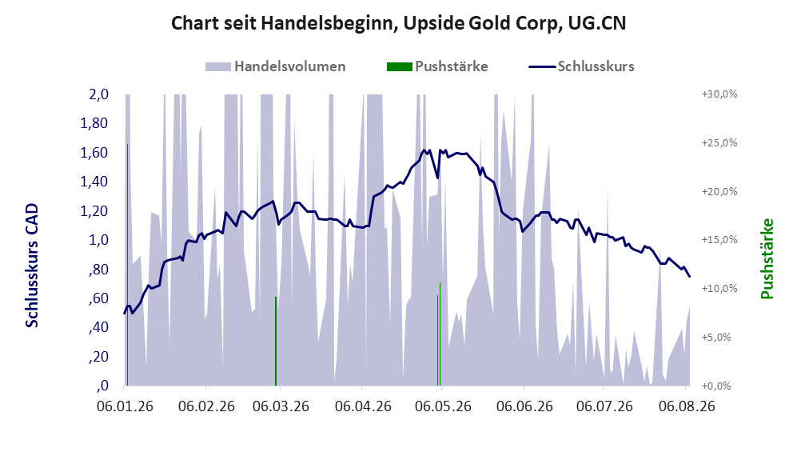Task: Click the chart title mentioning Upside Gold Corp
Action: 398,23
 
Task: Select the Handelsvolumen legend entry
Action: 276,66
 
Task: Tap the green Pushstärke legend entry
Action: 437,66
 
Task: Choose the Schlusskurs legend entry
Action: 581,66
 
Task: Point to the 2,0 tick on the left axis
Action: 98,94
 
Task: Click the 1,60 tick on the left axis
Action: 94,153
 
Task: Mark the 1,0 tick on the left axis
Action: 98,240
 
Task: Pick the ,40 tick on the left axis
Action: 98,327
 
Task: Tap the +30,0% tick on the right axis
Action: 719,94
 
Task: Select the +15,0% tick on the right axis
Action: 719,239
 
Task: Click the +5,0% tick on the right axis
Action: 716,338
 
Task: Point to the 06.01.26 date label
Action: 125,406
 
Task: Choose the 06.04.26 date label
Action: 363,406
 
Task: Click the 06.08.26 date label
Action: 687,406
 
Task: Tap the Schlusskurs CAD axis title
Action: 32,266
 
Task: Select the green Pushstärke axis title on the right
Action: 767,259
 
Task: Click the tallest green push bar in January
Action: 128,265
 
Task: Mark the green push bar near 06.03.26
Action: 276,342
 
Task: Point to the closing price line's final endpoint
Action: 690,277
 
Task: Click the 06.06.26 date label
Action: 524,406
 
